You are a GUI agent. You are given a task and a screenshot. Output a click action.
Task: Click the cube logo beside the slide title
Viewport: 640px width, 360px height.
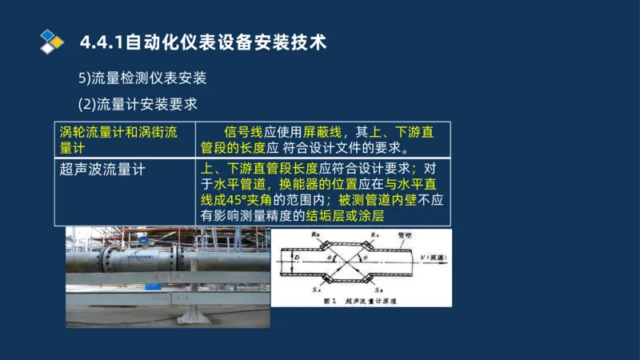pos(51,41)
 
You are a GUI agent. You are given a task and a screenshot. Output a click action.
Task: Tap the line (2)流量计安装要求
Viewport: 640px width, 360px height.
pos(138,104)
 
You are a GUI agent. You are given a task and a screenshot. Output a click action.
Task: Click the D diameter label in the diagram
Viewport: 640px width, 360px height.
pos(296,260)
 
